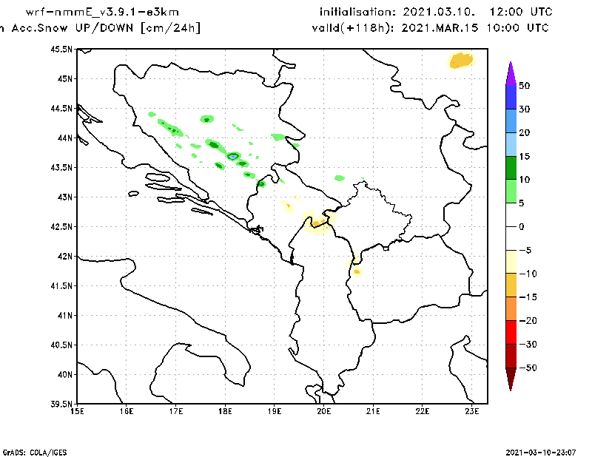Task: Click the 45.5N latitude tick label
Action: click(x=61, y=49)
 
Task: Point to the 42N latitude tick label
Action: click(x=64, y=256)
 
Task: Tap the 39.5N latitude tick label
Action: click(x=61, y=404)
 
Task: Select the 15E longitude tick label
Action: click(x=77, y=411)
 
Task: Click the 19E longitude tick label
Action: click(x=275, y=411)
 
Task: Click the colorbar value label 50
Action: click(x=524, y=86)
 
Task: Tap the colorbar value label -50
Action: click(x=526, y=368)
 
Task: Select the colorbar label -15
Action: click(x=526, y=297)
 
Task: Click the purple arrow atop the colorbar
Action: click(x=510, y=72)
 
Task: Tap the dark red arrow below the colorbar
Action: click(x=510, y=379)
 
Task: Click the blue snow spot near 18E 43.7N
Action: click(x=233, y=156)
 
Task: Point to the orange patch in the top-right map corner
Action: click(x=461, y=61)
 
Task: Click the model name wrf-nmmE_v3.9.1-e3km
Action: click(x=102, y=13)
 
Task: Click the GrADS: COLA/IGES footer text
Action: click(x=28, y=450)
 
